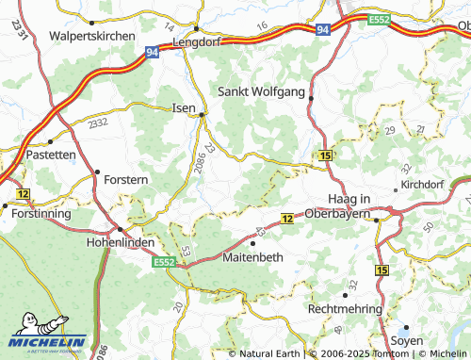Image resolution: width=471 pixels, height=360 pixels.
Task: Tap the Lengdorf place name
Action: click(197, 42)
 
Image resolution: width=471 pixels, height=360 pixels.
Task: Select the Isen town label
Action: click(184, 108)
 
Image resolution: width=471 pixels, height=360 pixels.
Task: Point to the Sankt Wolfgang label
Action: click(262, 92)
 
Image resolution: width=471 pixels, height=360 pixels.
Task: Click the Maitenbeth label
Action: click(253, 255)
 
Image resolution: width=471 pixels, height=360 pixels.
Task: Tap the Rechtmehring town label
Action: click(348, 308)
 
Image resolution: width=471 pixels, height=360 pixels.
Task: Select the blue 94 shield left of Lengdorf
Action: click(151, 54)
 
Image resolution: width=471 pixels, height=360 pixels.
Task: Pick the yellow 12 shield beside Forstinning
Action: click(23, 193)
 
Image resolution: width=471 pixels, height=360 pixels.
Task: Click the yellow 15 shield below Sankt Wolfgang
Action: click(325, 154)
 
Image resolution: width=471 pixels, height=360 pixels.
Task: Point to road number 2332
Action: click(96, 123)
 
